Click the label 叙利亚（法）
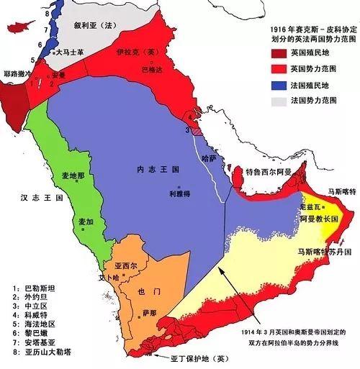click(94, 24)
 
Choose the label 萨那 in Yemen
click(149, 314)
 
